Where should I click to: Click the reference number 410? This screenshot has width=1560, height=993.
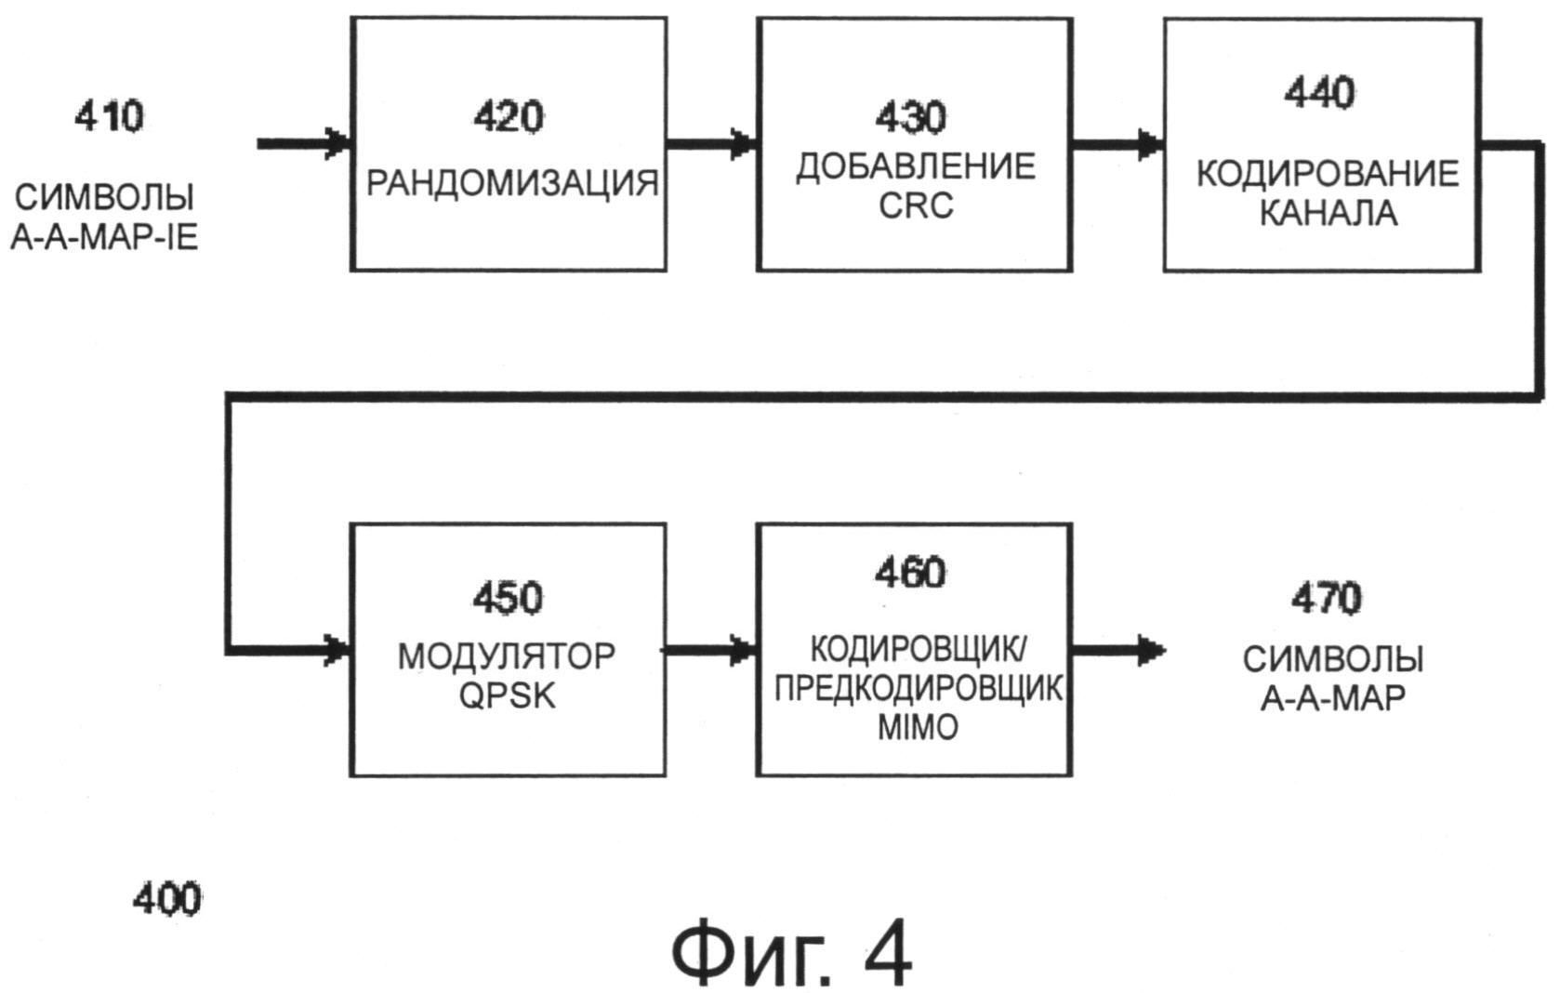click(110, 118)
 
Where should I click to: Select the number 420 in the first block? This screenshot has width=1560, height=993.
click(508, 118)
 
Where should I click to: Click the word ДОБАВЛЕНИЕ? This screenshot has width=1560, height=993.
click(915, 166)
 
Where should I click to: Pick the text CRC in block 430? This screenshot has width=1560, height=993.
click(915, 205)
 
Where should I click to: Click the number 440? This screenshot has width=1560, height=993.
click(1319, 93)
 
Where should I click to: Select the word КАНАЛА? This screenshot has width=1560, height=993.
click(1327, 214)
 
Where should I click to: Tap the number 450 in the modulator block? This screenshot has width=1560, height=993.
click(508, 598)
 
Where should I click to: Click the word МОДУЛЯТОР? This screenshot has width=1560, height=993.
click(507, 655)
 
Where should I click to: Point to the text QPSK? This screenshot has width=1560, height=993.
click(508, 695)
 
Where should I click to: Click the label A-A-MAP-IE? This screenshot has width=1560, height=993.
click(104, 239)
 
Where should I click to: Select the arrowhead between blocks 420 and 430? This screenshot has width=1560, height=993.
click(743, 144)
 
